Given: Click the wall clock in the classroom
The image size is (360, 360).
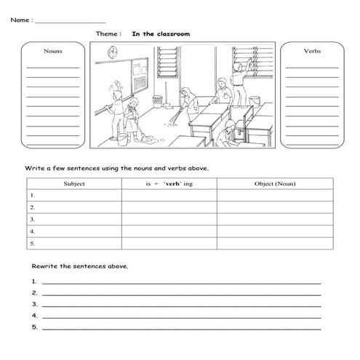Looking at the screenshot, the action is point(113,52).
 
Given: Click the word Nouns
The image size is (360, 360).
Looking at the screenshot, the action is point(52,52).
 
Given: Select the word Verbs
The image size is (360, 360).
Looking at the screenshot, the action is point(312,52).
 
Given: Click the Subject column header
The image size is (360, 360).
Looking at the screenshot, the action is point(74,184).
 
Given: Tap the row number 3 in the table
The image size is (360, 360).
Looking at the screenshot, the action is point(33,219).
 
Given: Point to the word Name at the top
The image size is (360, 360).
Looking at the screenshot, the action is point(20,20).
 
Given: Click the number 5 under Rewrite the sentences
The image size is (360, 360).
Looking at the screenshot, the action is point(34,327).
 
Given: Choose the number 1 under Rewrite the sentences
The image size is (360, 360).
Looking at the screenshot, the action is point(34,281).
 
